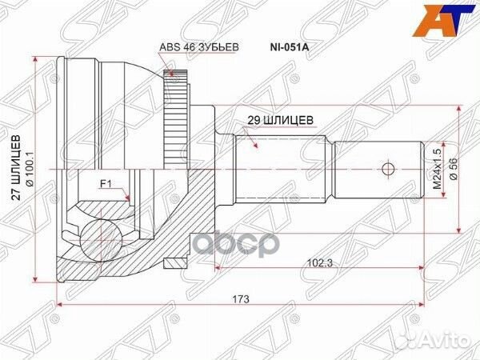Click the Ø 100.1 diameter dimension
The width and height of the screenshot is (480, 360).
(x=29, y=169)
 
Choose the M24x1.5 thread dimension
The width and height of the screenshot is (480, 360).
(x=437, y=168)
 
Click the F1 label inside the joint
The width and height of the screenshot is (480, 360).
(x=105, y=184)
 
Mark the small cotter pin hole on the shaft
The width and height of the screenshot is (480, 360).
(x=388, y=169)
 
